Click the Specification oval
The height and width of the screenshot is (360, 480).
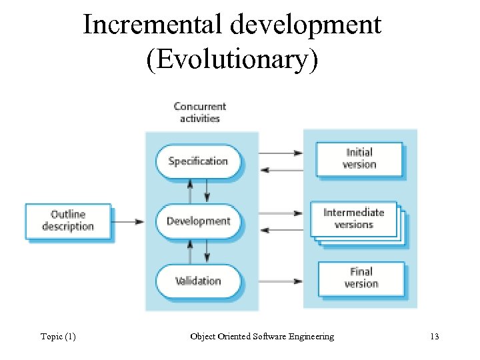click(x=198, y=161)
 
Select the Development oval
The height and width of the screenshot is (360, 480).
click(x=198, y=221)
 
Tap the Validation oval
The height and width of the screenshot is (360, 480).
click(x=198, y=281)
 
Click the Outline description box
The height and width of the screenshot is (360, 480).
click(x=68, y=221)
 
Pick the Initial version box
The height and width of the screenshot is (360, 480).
click(x=359, y=159)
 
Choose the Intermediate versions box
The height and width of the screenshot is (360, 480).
click(x=354, y=219)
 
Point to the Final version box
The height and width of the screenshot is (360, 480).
click(x=361, y=278)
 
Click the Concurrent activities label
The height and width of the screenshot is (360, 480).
click(x=199, y=112)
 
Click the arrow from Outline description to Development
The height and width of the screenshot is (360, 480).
click(x=129, y=221)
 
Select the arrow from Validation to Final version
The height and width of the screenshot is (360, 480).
click(x=280, y=281)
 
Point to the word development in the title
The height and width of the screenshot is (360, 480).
click(x=305, y=25)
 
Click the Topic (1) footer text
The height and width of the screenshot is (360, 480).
click(x=58, y=337)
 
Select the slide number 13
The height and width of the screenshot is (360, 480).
click(x=435, y=337)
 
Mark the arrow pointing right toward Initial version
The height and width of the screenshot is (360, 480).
click(x=280, y=153)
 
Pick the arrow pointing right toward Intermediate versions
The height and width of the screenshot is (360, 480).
click(x=280, y=213)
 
